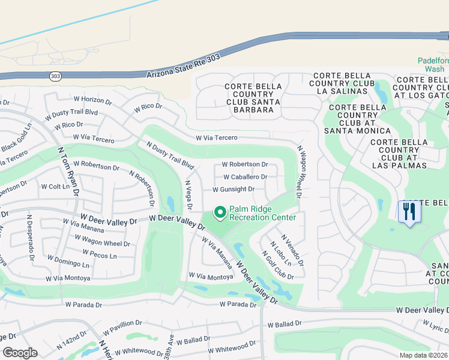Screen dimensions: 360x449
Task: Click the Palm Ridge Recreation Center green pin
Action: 220,212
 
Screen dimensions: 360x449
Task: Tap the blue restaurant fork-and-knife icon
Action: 409,212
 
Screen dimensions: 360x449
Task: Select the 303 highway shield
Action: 55,76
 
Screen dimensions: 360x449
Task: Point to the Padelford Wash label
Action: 430,65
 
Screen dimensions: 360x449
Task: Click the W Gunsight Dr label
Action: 234,190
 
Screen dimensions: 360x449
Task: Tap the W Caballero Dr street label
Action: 245,177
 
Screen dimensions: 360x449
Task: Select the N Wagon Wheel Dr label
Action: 298,172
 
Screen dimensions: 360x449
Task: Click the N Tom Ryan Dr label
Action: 68,172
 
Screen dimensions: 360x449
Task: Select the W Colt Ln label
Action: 55,187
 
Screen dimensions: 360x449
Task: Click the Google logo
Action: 20,353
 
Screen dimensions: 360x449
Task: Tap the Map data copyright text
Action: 424,355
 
